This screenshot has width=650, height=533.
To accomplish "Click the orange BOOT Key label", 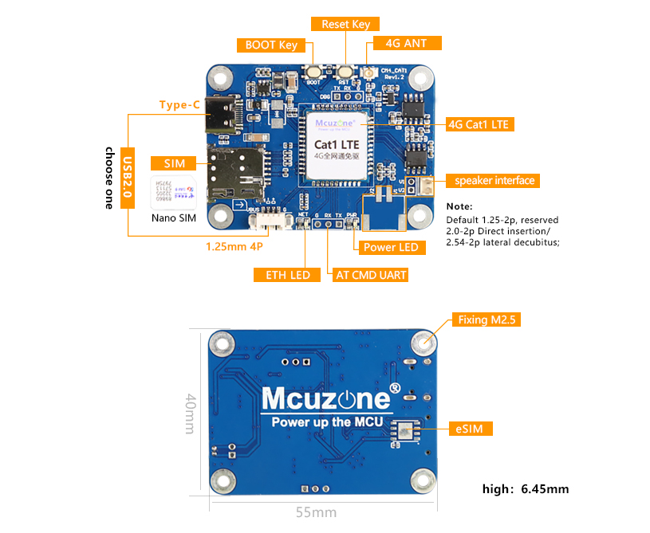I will tap(271, 45).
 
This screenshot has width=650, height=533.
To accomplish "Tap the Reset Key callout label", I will tap(345, 25).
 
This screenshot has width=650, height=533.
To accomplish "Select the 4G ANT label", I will tap(406, 44).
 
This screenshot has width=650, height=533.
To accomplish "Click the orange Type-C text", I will tap(179, 104).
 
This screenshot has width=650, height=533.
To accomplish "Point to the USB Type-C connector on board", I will tap(223, 116).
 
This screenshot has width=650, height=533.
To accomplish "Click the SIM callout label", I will tap(175, 163).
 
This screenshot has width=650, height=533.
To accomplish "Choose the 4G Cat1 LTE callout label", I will tap(477, 124).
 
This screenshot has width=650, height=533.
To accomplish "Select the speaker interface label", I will tap(494, 181).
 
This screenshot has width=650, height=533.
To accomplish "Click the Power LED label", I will tap(391, 247).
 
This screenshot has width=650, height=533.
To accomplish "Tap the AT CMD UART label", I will tap(371, 275).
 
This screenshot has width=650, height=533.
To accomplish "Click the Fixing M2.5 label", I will tap(487, 320).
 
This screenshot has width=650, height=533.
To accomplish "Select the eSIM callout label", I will tap(469, 429).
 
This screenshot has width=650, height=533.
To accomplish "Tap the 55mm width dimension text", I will tap(315, 512).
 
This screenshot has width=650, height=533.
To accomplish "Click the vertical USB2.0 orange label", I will tap(128, 178).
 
